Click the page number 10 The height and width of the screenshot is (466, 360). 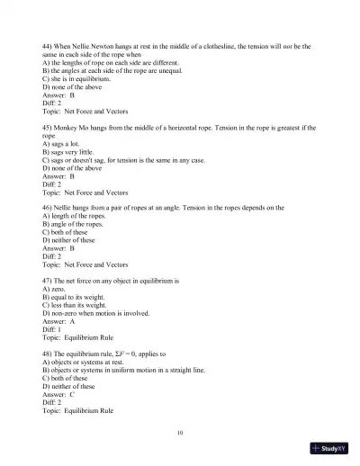(x=180, y=433)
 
